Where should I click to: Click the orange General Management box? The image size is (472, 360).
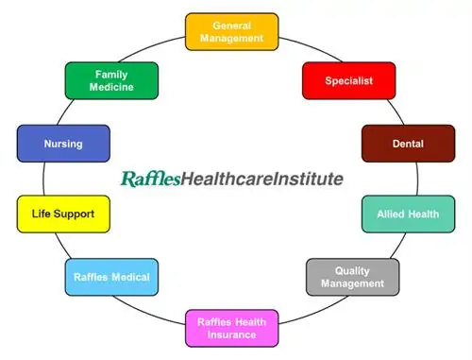(x=232, y=31)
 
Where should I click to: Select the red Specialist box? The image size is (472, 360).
(x=347, y=81)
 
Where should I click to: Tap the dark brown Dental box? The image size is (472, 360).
(x=408, y=144)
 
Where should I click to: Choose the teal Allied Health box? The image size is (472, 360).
(x=409, y=214)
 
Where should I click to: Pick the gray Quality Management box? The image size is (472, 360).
(x=352, y=276)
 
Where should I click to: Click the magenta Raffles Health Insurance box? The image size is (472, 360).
(x=232, y=327)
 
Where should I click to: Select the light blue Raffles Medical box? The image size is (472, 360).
(x=111, y=277)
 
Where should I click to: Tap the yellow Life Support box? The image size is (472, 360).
(x=63, y=214)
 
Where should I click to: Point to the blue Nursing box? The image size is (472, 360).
(x=63, y=145)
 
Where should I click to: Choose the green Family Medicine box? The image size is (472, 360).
(x=111, y=80)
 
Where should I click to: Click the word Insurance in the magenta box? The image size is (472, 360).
(x=232, y=334)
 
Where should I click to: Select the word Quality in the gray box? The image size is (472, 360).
(x=352, y=269)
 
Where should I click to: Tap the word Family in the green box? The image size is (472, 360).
(x=111, y=74)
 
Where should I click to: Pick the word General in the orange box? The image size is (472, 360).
(x=232, y=25)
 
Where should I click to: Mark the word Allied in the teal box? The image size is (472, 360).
(x=394, y=214)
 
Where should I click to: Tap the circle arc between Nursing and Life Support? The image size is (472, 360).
(x=44, y=180)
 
